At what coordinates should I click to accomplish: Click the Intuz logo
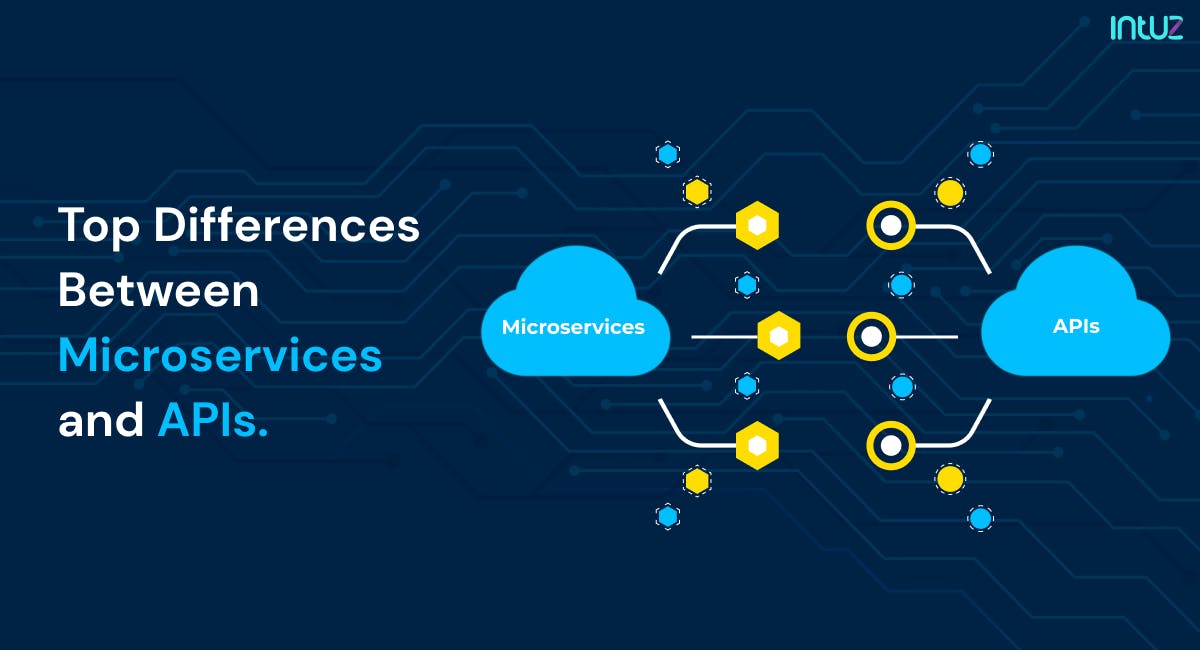point(1146,28)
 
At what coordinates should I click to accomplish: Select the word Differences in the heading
point(287,224)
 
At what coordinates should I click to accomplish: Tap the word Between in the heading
point(159,290)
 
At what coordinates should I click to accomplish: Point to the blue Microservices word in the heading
point(220,354)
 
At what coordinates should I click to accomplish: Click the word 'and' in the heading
point(101,419)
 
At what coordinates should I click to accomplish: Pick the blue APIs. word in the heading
point(213,420)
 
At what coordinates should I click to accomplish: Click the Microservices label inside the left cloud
point(573,327)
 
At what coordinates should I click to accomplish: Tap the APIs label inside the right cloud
point(1076,326)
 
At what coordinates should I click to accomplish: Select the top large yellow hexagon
point(757,226)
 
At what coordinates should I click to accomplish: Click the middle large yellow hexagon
point(779,336)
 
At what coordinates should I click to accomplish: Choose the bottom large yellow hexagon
point(757,445)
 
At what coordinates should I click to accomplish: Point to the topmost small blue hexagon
point(668,154)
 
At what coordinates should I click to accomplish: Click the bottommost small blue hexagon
point(668,517)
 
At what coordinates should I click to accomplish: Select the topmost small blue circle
point(980,154)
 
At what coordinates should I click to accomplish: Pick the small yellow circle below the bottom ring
point(950,479)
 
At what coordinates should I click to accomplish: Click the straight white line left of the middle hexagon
point(725,337)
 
